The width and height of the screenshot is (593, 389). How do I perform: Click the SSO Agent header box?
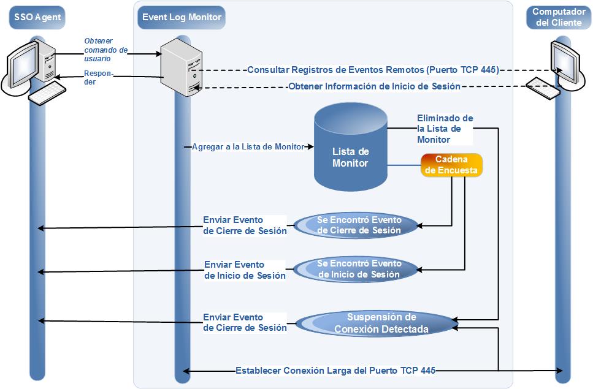tap(38, 17)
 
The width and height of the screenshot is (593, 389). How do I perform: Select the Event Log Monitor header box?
tap(182, 17)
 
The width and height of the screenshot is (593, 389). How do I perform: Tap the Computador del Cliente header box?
tap(558, 17)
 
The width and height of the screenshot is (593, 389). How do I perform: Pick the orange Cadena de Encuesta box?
tap(451, 165)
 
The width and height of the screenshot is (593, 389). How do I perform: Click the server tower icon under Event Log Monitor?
tap(180, 66)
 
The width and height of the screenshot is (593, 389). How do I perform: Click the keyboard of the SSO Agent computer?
tap(48, 93)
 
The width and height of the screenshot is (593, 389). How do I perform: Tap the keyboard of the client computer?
tap(542, 88)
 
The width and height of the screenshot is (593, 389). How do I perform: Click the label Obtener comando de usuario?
tap(105, 50)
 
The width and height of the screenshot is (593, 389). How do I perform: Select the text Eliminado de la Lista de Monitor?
tap(445, 129)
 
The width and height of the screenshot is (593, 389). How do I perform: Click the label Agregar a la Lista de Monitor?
tap(248, 147)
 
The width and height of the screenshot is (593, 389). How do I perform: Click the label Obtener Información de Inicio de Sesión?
tap(374, 86)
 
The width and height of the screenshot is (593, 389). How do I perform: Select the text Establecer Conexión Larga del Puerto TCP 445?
tap(335, 371)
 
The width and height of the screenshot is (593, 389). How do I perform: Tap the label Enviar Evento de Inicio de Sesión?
tap(245, 270)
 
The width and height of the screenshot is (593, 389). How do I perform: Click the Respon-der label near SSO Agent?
tap(98, 77)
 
